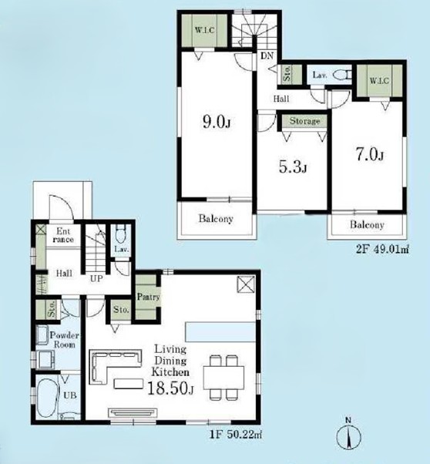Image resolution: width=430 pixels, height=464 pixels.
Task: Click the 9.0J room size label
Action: point(217,122)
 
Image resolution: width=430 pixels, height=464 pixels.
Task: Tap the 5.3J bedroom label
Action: point(293,167)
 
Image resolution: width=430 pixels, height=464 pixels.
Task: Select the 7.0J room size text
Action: point(370,155)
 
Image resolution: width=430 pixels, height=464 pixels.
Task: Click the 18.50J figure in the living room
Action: point(170,388)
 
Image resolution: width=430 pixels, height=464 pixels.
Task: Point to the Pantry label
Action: point(148,297)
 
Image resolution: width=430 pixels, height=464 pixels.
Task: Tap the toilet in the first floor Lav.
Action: point(120,235)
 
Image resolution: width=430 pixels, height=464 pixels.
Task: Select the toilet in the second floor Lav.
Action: point(341,76)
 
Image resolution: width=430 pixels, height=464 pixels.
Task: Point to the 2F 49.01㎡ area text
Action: point(382,249)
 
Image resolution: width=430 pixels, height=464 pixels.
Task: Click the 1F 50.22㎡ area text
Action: point(235,435)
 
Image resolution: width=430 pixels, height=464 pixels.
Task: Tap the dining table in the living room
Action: point(224,378)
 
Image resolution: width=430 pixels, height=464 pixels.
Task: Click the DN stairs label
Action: point(267,55)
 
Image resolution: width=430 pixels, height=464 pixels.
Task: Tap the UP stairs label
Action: point(96,278)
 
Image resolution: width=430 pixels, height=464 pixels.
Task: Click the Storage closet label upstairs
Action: point(304,121)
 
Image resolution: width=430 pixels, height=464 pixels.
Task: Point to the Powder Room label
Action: point(64,340)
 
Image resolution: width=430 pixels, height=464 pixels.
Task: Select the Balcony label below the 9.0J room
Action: point(216,219)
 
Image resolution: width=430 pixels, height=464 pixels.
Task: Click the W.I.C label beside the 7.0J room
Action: point(379,80)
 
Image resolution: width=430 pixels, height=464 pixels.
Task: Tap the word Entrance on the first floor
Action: point(63,235)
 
